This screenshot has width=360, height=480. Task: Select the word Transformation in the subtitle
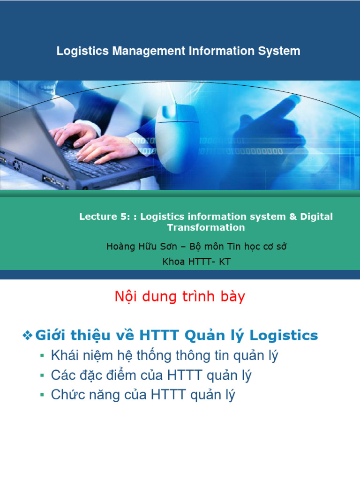(x=206, y=227)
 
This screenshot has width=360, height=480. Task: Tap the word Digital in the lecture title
(x=316, y=217)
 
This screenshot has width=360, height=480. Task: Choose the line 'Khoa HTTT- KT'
(x=196, y=262)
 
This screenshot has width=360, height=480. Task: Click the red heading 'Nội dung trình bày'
(x=180, y=297)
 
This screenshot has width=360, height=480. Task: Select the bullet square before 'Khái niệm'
(x=42, y=356)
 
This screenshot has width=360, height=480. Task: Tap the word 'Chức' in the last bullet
(x=67, y=395)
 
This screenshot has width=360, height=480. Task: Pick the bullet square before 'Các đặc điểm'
(x=42, y=376)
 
